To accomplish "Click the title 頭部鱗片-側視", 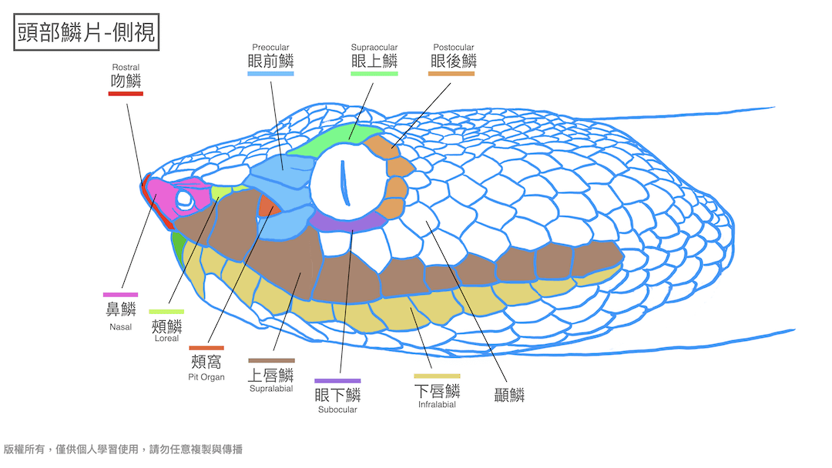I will [x=86, y=32].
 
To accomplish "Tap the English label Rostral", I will [x=126, y=68].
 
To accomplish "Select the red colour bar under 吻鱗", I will [x=126, y=94].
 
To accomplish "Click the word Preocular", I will [x=270, y=48].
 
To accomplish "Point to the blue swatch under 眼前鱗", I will [x=270, y=74].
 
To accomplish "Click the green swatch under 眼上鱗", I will [x=374, y=74].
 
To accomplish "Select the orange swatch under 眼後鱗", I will [x=451, y=74].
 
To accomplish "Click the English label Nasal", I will [x=120, y=327].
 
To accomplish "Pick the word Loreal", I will [x=166, y=339].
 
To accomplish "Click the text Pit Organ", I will [x=206, y=377].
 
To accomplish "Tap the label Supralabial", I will [x=271, y=389].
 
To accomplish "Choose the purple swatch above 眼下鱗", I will [x=337, y=380].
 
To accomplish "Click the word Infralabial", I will [x=437, y=405].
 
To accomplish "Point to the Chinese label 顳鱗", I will [x=509, y=396].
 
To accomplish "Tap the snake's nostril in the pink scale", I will [x=184, y=199].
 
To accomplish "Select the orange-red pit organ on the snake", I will [x=267, y=206].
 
